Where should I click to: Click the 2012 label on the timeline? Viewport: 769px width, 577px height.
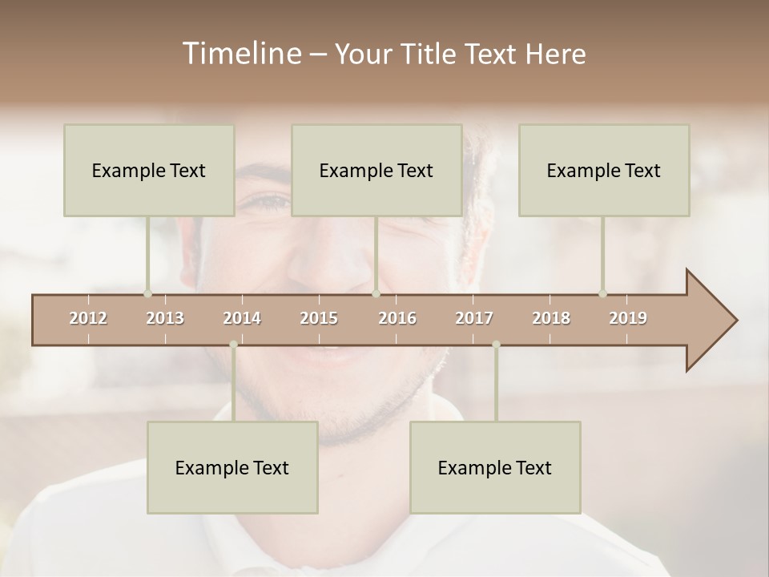88,318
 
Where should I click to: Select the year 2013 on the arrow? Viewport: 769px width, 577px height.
165,318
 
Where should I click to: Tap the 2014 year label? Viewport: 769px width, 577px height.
242,318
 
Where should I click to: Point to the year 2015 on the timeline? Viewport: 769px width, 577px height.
319,318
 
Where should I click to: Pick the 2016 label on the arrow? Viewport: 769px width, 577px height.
397,318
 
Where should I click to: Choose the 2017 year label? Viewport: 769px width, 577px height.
474,318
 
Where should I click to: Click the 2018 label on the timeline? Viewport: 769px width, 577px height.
551,318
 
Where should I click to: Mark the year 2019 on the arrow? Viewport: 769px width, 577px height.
628,318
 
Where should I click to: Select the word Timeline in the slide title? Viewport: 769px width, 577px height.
240,54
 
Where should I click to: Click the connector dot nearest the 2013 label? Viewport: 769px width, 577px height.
147,293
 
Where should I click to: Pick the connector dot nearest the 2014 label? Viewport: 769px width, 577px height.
233,345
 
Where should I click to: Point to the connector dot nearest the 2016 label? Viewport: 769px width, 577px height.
376,293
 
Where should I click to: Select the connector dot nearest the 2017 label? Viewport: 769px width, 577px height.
496,345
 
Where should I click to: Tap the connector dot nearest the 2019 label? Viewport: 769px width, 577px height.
603,293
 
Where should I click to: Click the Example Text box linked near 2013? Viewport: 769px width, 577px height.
149,170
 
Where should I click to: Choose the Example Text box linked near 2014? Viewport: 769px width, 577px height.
232,467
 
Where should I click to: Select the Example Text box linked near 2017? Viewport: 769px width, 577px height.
495,467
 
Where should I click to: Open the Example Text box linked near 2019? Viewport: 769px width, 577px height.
604,170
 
